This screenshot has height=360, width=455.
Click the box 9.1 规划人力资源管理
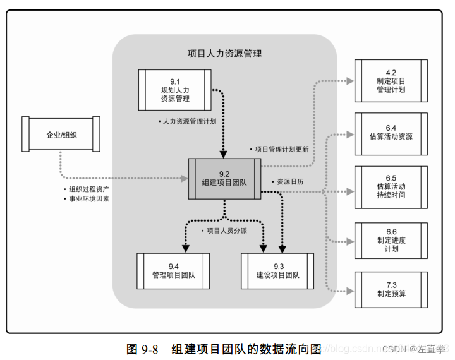point(174,90)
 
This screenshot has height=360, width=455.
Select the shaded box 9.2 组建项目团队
point(224,179)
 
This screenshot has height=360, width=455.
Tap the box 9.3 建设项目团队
point(277,270)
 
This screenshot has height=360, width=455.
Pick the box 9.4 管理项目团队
point(173,270)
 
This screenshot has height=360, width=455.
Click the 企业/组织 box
point(61,135)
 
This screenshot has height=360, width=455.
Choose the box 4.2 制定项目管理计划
point(391,81)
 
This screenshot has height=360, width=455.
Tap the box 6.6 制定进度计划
point(391,240)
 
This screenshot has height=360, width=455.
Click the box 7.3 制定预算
point(391,289)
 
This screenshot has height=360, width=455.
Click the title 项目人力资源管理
point(224,54)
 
